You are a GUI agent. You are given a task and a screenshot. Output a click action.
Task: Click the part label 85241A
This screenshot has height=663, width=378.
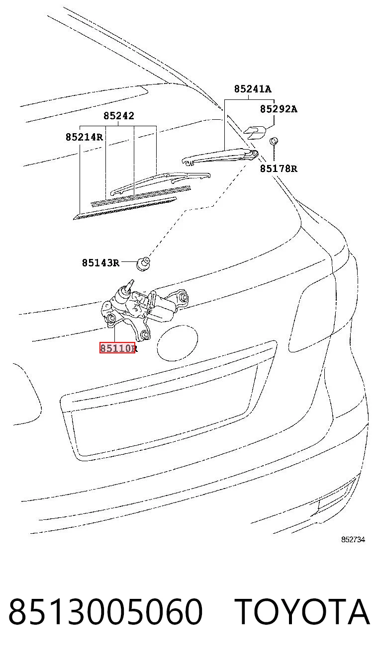coord(252,89)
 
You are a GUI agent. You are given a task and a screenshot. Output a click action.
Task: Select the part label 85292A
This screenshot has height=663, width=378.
coord(279,109)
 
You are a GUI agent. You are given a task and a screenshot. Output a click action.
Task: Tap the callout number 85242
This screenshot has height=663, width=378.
coord(118,115)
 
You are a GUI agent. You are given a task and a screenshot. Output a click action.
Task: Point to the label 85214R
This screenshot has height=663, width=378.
coord(84,137)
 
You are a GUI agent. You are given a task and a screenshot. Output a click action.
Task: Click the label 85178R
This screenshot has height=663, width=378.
coord(279,168)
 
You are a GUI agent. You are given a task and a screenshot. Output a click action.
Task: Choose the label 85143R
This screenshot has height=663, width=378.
coord(100,262)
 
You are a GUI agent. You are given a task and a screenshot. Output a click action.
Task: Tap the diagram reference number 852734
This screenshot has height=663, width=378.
coord(353,540)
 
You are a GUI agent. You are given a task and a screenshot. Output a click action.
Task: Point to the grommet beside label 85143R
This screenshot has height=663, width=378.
coord(143,264)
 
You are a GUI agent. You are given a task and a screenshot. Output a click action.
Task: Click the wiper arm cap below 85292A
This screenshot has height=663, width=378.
coord(255,132)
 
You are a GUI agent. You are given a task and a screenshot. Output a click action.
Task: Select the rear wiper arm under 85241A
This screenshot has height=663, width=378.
coord(220,156)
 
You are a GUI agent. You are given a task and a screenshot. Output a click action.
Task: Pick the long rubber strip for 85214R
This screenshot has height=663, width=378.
coord(125,208)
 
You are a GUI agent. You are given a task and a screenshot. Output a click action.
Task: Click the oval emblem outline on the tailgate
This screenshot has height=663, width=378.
coord(178,343)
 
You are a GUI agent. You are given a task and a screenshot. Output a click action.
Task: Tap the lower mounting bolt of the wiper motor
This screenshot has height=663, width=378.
coord(145,334)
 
